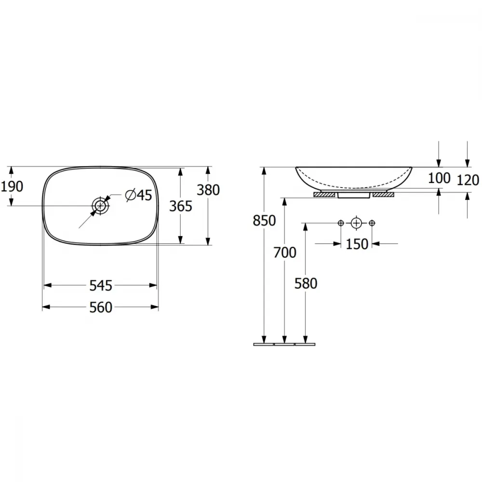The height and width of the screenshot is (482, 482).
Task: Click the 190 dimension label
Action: (12, 186)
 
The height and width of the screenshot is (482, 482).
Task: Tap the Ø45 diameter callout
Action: (139, 195)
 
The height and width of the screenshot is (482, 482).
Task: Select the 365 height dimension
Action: (181, 206)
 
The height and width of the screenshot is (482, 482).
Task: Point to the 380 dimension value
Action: (208, 190)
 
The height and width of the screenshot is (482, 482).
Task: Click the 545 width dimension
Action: (101, 285)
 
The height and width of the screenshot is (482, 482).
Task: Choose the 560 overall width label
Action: (101, 307)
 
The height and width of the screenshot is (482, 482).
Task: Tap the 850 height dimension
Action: (264, 220)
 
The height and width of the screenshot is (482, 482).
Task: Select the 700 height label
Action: (285, 253)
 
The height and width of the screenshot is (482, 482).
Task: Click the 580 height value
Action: (306, 283)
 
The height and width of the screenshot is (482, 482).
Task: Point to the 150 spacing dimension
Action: (357, 244)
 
